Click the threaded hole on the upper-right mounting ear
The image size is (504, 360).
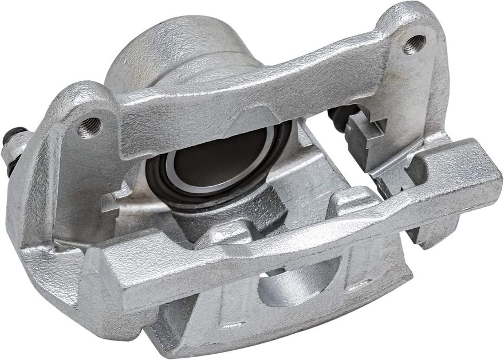(x=414, y=45)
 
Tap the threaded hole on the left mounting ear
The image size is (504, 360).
(x=89, y=127)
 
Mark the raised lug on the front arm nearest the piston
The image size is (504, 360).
(x=229, y=233)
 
